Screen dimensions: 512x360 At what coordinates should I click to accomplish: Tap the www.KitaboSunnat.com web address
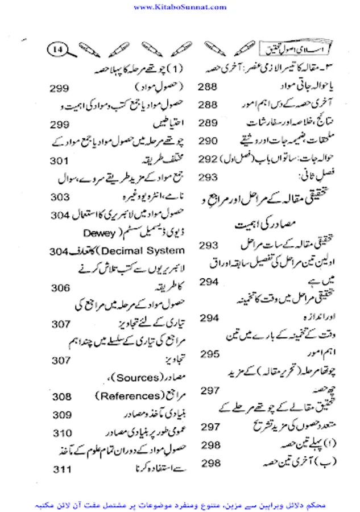pyautogui.click(x=180, y=7)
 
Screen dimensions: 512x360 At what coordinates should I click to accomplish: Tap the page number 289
pyautogui.click(x=208, y=123)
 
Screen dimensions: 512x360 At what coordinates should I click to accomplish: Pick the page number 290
pyautogui.click(x=208, y=140)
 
